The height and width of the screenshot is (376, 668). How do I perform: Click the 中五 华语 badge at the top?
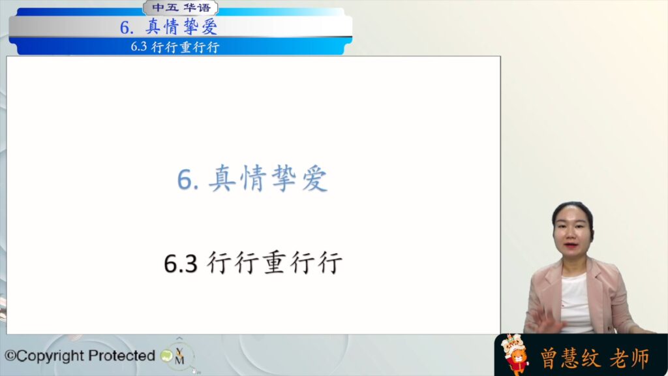click(181, 8)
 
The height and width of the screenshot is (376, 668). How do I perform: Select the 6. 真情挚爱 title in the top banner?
click(169, 27)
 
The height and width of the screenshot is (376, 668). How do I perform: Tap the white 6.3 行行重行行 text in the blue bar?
click(175, 46)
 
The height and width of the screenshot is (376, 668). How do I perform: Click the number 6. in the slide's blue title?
click(188, 180)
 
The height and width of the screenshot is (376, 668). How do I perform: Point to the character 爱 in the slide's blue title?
click(315, 178)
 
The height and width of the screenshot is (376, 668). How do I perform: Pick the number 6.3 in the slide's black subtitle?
click(181, 263)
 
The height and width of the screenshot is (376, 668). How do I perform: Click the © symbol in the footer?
click(10, 356)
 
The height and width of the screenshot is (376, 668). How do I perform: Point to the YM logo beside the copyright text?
click(179, 355)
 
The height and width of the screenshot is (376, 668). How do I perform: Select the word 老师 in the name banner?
click(630, 358)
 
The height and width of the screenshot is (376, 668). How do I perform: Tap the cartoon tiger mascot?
click(515, 354)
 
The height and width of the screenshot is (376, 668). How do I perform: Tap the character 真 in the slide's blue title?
click(222, 178)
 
